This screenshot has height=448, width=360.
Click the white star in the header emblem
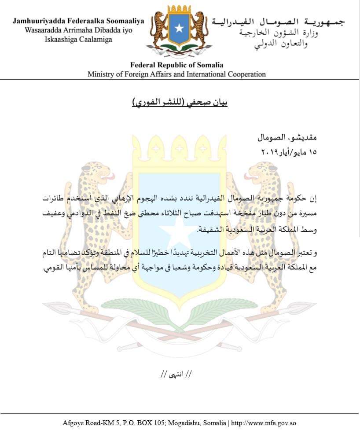[178, 29]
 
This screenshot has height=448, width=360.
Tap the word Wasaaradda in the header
[41, 30]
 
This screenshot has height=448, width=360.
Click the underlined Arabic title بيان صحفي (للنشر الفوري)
[180, 104]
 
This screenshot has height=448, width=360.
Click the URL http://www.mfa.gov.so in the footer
[264, 423]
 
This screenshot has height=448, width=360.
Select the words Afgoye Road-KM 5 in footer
[88, 423]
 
